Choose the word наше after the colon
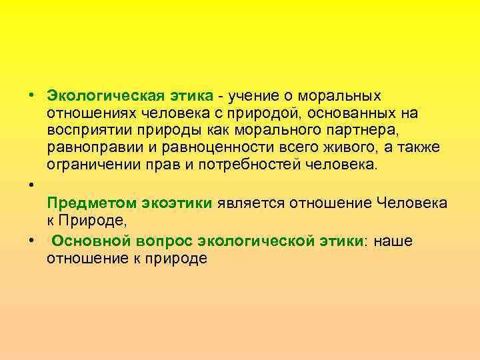[x=393, y=241]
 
